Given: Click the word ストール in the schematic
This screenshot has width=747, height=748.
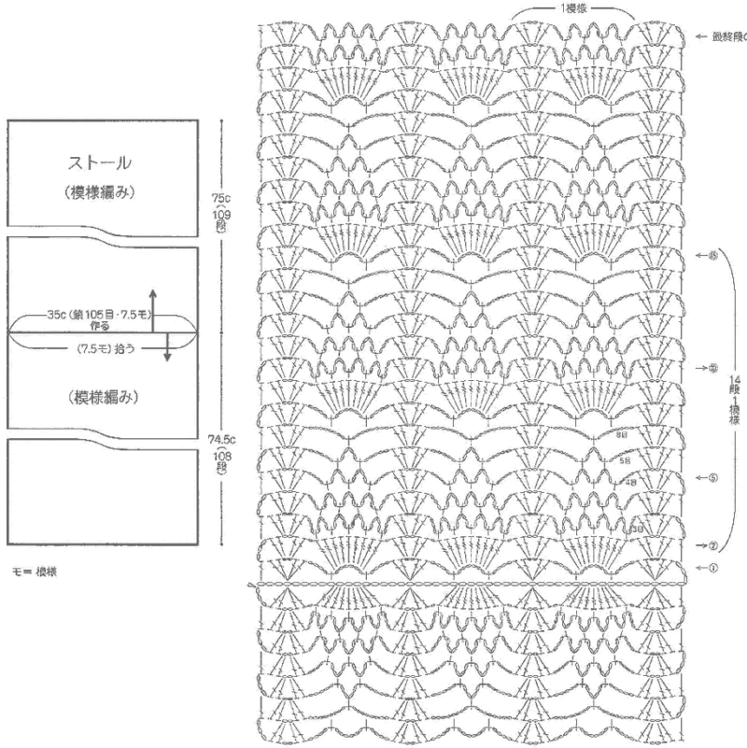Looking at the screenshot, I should point(99,162).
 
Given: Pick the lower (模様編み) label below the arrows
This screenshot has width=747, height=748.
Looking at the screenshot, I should point(103,397).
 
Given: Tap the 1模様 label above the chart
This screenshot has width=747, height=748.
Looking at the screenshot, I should point(573,7).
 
